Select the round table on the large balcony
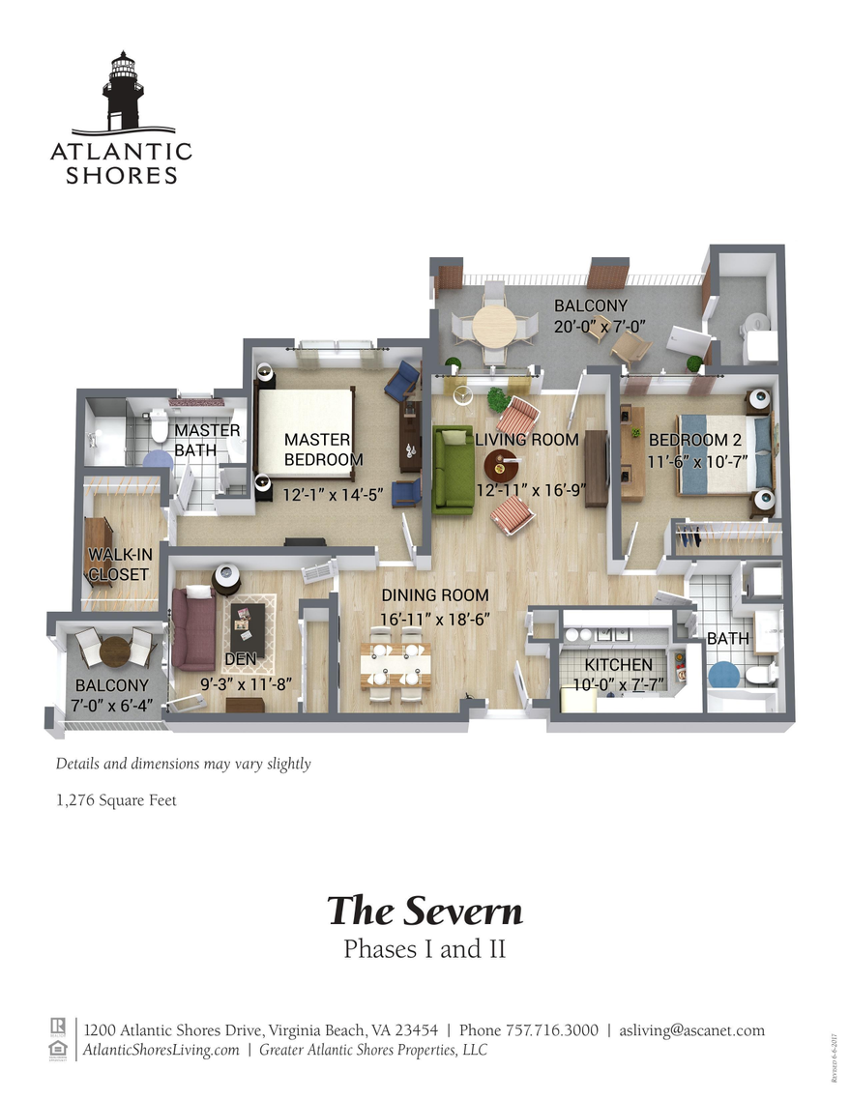coord(495,327)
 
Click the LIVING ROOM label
coord(526,440)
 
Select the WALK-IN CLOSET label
coord(118,564)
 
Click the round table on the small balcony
coord(115,651)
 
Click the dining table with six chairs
coord(396,665)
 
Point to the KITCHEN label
coord(618,665)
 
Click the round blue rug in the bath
coord(722,674)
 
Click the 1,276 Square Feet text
coord(116,800)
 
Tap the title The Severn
coord(424,911)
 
